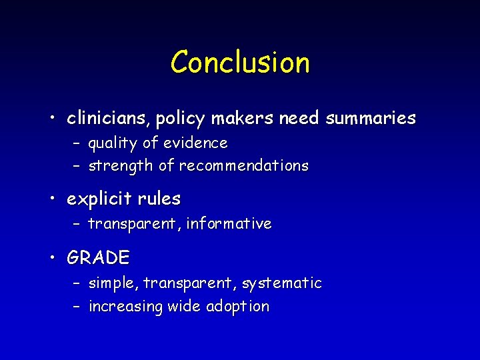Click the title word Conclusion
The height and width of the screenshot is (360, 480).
[240, 63]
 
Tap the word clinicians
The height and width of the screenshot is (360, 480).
[109, 119]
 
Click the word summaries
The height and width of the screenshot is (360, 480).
[371, 119]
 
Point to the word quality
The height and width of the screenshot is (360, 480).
[112, 143]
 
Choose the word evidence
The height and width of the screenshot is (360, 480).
[195, 143]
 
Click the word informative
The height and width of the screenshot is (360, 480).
[229, 224]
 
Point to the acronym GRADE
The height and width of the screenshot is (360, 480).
[99, 257]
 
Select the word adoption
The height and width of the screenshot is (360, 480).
[237, 307]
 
